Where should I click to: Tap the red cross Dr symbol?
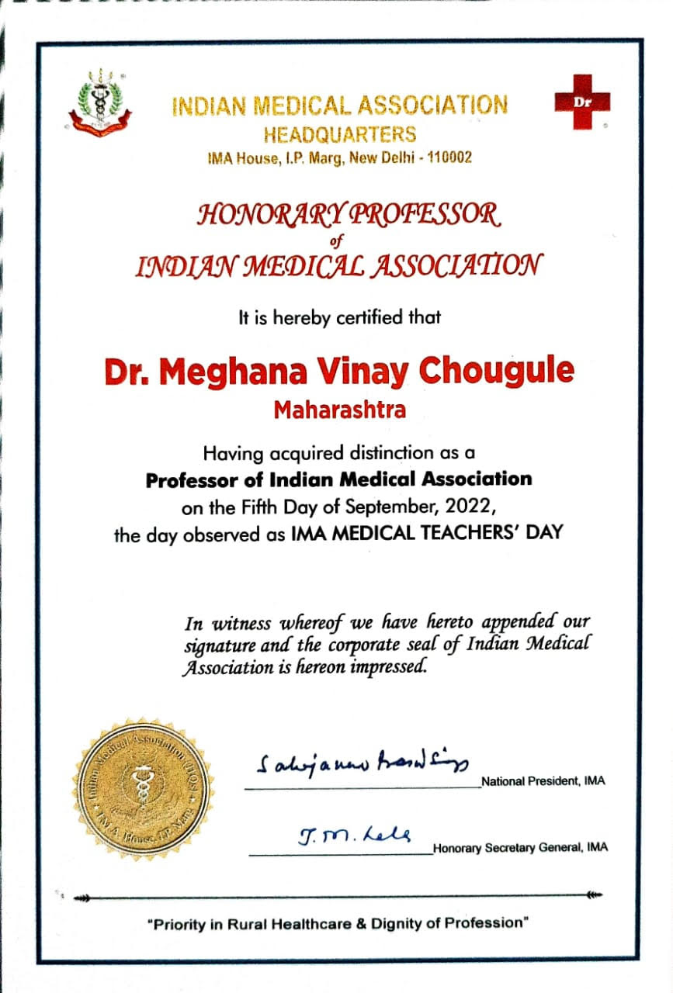pos(582,102)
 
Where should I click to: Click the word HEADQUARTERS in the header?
pos(340,134)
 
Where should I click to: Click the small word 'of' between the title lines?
pos(335,240)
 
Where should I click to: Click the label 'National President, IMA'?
pos(543,781)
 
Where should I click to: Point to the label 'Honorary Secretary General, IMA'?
pos(521,848)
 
